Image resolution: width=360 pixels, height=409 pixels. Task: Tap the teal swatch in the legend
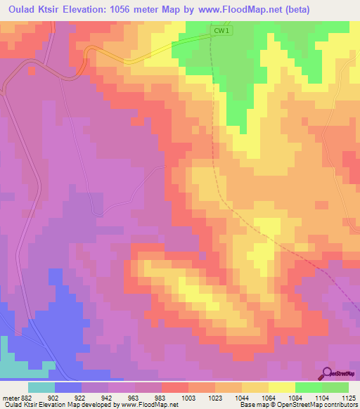[41, 387]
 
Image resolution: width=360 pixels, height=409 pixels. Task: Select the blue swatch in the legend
[68, 387]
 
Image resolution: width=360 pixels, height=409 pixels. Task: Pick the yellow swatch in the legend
[282, 387]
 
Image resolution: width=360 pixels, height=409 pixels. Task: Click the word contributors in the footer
[340, 405]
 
